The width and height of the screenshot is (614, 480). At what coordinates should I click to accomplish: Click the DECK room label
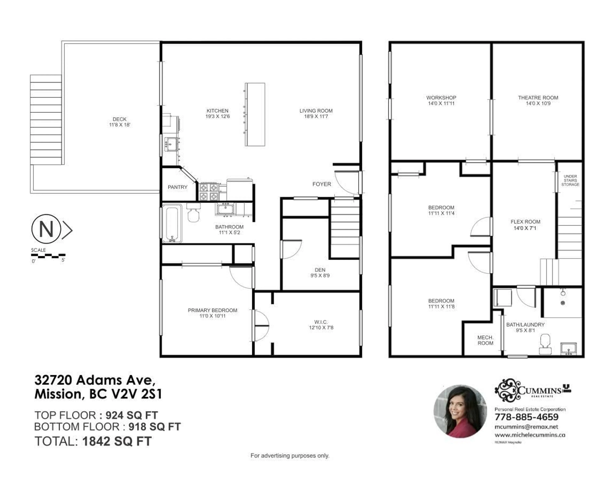120,119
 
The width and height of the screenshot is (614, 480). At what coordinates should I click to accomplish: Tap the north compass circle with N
46,229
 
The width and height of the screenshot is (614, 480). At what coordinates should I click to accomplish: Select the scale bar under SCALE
48,256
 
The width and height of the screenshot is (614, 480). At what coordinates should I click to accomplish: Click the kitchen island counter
255,114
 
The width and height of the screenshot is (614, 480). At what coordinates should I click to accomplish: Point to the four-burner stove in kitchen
208,191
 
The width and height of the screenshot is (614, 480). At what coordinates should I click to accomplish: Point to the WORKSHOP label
441,98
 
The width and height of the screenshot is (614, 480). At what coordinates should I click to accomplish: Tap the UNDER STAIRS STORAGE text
570,180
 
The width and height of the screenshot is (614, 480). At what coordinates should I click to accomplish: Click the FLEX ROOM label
525,222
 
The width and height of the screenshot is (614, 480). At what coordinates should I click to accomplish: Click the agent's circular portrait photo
460,411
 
